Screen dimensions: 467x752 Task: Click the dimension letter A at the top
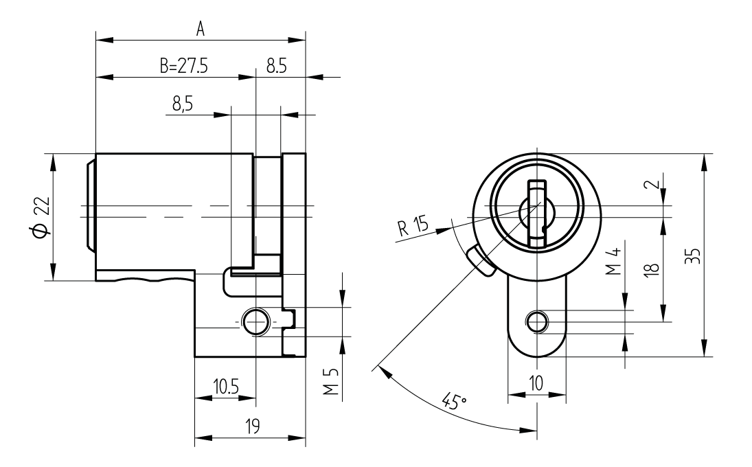(x=201, y=29)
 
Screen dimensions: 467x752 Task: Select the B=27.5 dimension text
(x=183, y=67)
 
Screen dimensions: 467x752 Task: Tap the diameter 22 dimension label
(x=41, y=218)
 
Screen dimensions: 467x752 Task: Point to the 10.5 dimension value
(x=225, y=387)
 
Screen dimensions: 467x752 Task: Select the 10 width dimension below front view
(x=536, y=385)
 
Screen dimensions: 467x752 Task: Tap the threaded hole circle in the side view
(x=255, y=321)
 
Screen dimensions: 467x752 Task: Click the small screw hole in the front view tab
(x=536, y=320)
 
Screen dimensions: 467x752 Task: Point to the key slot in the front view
(x=536, y=214)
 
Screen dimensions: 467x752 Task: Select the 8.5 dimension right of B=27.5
(x=277, y=67)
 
